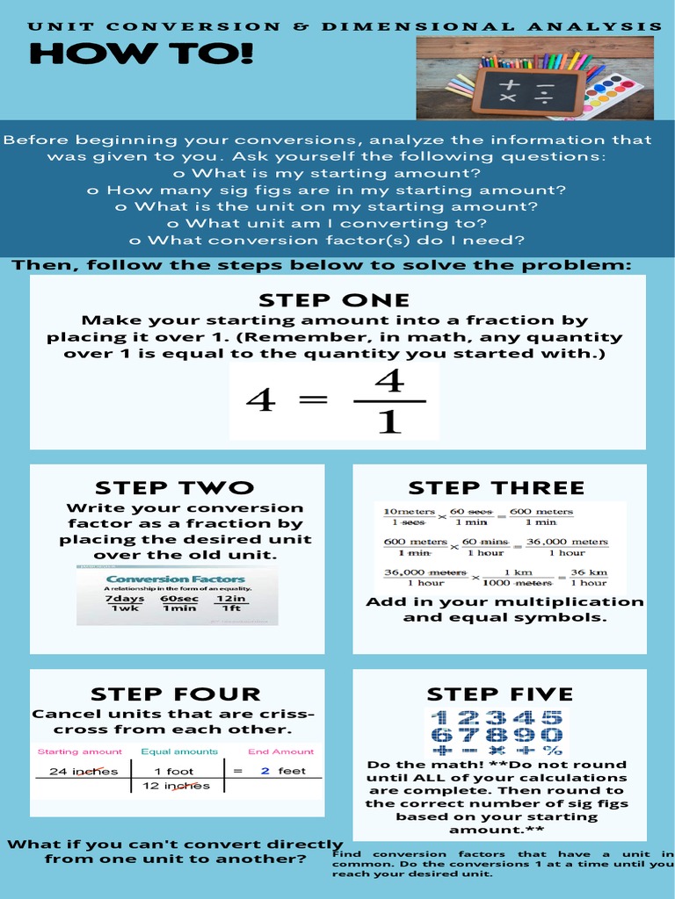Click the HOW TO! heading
coord(141,55)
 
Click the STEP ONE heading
coord(334,301)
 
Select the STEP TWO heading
coord(174,487)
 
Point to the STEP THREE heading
coord(496,487)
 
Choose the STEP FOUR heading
coord(176,694)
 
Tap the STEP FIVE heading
coord(499,694)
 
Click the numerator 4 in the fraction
coord(388,382)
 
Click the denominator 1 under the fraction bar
coord(388,422)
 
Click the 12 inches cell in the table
coord(176,786)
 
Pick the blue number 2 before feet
coord(265,771)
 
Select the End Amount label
coord(280,752)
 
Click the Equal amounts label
coord(179,752)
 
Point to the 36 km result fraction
coord(588,578)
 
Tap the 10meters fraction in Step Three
coord(410,517)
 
